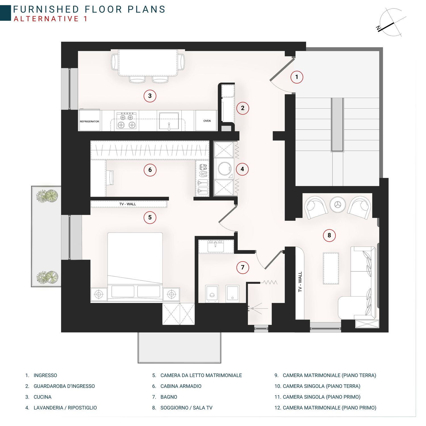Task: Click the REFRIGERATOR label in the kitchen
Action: pyautogui.click(x=89, y=121)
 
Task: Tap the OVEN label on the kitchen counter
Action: pyautogui.click(x=207, y=121)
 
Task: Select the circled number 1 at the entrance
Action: pyautogui.click(x=297, y=77)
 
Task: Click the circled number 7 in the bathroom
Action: pyautogui.click(x=243, y=267)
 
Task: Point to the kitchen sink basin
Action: pyautogui.click(x=169, y=121)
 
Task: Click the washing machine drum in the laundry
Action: pyautogui.click(x=225, y=169)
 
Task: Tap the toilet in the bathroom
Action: pyautogui.click(x=212, y=294)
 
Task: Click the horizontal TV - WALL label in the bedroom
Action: pyautogui.click(x=128, y=204)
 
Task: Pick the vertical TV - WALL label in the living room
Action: pyautogui.click(x=300, y=282)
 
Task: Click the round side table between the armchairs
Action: pyautogui.click(x=337, y=204)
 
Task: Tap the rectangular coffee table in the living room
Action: pyautogui.click(x=331, y=268)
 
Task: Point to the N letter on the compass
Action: pyautogui.click(x=378, y=28)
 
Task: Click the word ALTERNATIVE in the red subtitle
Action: pyautogui.click(x=46, y=19)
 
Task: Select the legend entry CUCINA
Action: pyautogui.click(x=43, y=397)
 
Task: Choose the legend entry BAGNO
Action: pyautogui.click(x=169, y=397)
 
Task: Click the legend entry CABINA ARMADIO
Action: pyautogui.click(x=181, y=386)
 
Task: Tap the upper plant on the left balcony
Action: pyautogui.click(x=47, y=196)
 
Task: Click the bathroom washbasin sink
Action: pyautogui.click(x=216, y=246)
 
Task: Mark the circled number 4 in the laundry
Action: pyautogui.click(x=242, y=169)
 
